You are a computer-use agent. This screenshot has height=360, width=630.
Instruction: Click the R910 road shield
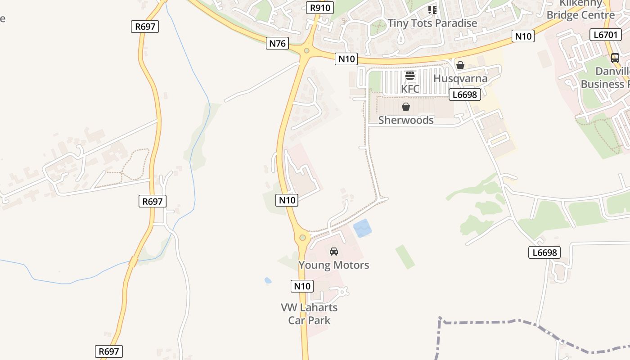point(320,8)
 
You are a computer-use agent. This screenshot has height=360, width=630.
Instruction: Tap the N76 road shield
point(277,43)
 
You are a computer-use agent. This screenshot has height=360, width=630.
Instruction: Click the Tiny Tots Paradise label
point(432,23)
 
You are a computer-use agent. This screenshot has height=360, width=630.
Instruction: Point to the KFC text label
point(410,89)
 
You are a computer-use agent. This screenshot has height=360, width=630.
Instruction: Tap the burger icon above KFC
point(409,76)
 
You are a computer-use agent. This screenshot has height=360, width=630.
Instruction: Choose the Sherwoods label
point(406,120)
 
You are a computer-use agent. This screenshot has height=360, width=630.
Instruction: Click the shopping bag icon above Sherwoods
point(406,107)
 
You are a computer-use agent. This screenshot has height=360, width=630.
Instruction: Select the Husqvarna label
point(460,78)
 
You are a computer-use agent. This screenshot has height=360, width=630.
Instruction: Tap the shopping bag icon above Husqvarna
point(460,65)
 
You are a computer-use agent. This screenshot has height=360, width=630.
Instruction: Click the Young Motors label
point(334,265)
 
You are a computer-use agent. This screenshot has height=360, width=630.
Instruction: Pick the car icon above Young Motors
point(334,252)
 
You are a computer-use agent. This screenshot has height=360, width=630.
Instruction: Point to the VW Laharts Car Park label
point(309,314)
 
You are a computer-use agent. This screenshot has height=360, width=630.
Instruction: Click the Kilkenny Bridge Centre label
point(580,10)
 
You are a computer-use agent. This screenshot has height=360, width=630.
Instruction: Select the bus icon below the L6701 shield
point(615,58)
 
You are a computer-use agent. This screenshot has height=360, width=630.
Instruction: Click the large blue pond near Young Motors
point(363,228)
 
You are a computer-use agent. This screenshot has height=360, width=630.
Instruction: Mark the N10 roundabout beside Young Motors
point(302,238)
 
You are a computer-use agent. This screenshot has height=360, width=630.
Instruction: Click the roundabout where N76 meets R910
point(307,51)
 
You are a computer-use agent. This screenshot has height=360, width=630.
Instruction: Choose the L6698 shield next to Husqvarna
point(465,94)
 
